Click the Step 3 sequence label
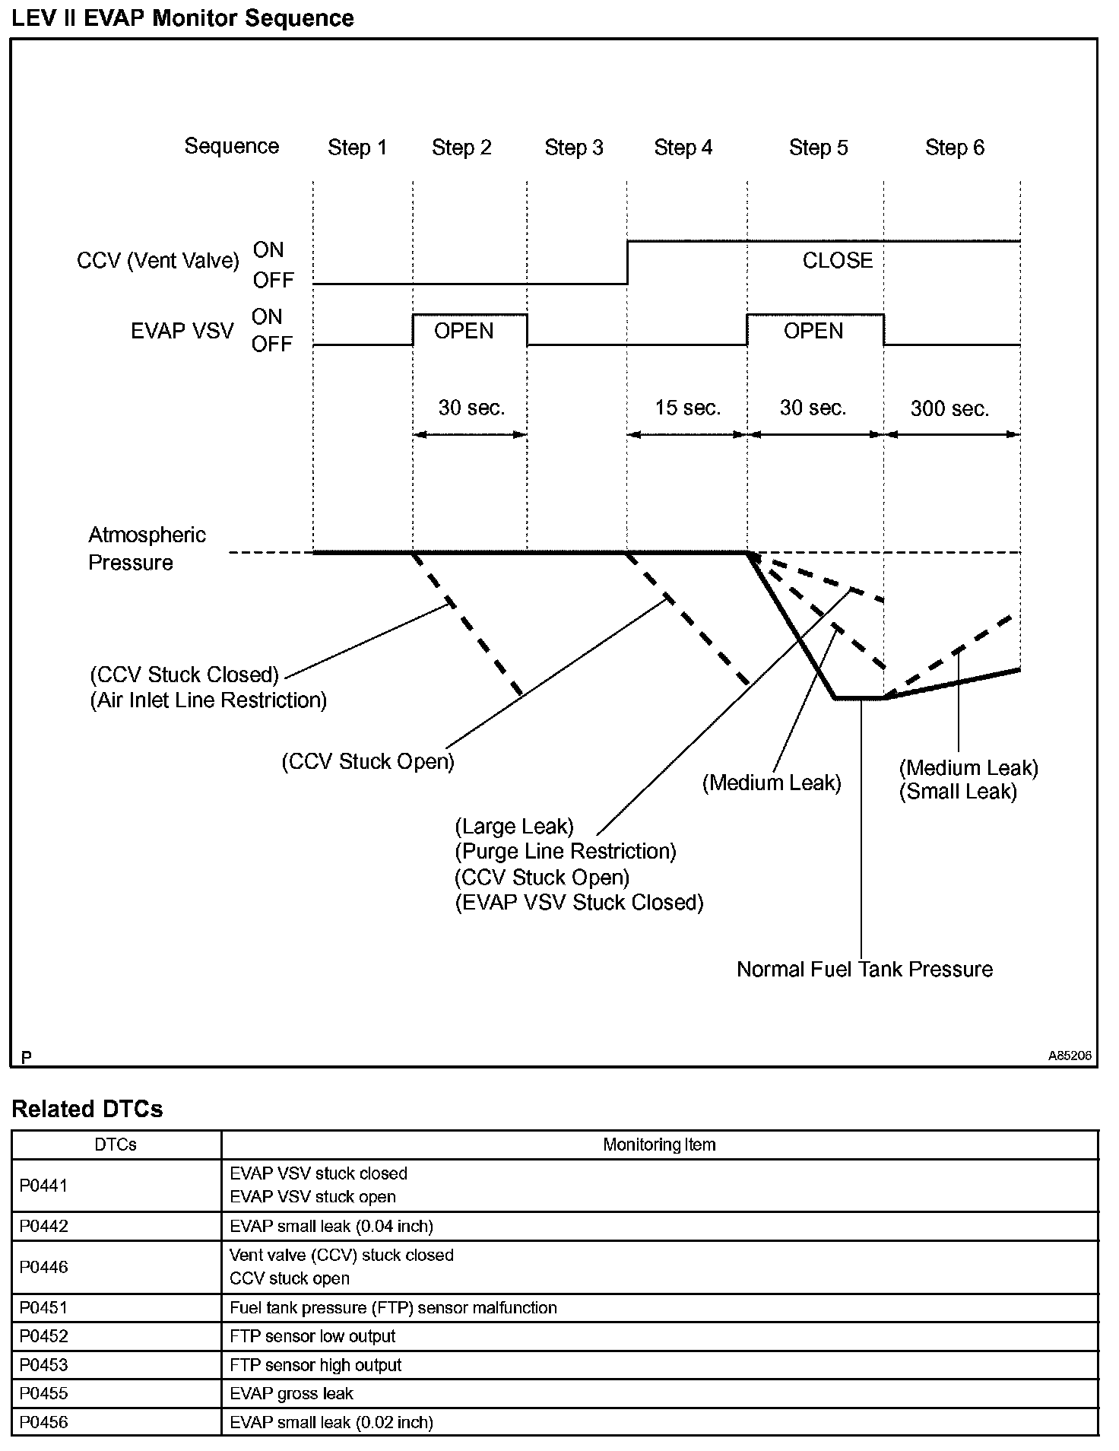574,148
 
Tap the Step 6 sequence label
954,148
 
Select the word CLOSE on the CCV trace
837,261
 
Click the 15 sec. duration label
687,408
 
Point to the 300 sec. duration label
949,409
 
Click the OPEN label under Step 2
464,332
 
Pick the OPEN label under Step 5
813,332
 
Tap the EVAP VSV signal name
182,332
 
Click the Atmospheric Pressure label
147,548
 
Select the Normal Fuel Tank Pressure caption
864,969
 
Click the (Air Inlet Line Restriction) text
208,700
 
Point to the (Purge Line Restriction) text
565,852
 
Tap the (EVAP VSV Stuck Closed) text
579,903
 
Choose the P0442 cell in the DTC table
44,1226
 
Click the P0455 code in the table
44,1393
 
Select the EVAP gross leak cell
291,1393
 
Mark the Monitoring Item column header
659,1145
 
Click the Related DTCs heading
87,1110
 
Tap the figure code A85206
1070,1056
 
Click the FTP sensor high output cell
315,1365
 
